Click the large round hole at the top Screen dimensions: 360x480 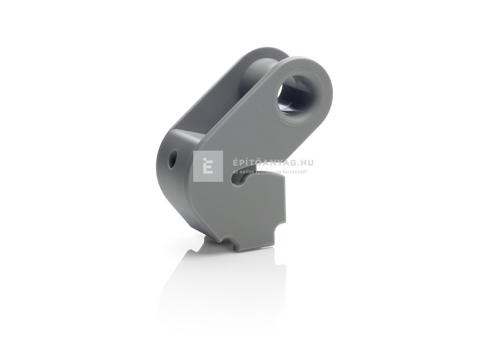(x=295, y=94)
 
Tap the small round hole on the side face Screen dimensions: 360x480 (x=173, y=159)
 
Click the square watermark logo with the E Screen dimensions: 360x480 (x=208, y=166)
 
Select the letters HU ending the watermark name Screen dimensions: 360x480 (x=308, y=162)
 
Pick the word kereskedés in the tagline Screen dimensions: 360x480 (x=293, y=172)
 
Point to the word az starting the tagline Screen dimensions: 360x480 (x=235, y=172)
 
